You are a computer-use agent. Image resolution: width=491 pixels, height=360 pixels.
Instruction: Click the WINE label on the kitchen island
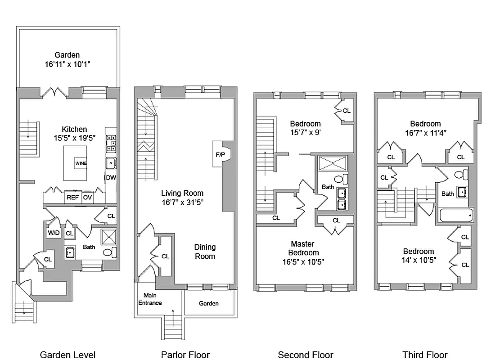pyautogui.click(x=81, y=163)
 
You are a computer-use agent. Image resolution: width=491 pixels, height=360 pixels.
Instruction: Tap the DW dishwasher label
pyautogui.click(x=111, y=178)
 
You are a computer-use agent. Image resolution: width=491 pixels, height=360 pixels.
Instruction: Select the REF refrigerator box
pyautogui.click(x=72, y=197)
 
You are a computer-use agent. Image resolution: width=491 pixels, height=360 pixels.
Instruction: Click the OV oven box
pyautogui.click(x=87, y=197)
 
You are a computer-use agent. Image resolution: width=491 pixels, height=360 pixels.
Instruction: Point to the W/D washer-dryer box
pyautogui.click(x=54, y=233)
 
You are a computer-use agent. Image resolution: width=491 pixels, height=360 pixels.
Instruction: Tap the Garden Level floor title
pyautogui.click(x=68, y=355)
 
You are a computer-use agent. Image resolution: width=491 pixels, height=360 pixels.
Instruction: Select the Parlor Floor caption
pyautogui.click(x=185, y=355)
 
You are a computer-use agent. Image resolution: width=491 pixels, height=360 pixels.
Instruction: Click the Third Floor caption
pyautogui.click(x=425, y=355)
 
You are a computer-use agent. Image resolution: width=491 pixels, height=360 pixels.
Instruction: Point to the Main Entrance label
pyautogui.click(x=153, y=299)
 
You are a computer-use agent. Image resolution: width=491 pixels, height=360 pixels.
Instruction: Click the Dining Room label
pyautogui.click(x=205, y=252)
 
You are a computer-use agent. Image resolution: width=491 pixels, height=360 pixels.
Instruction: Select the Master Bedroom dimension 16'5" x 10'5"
pyautogui.click(x=304, y=261)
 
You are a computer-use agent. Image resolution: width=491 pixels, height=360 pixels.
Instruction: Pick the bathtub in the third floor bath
pyautogui.click(x=456, y=215)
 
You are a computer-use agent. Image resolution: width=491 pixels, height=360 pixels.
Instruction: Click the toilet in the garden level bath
pyautogui.click(x=108, y=252)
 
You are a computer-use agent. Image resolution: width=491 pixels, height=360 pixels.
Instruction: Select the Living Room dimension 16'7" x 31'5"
pyautogui.click(x=182, y=202)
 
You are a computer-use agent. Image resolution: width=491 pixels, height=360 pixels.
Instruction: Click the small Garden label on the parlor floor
pyautogui.click(x=209, y=303)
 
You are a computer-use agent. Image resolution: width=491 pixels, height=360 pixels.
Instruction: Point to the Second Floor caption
pyautogui.click(x=306, y=355)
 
